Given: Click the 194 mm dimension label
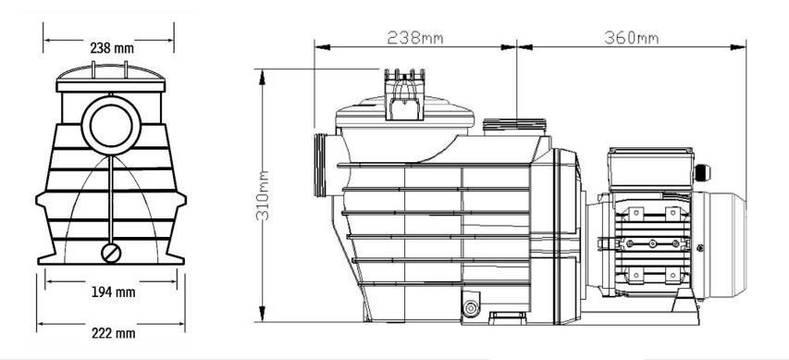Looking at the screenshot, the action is pos(113,292).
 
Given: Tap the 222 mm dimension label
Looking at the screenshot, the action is pos(113,333).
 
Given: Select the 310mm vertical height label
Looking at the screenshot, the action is pos(262,195).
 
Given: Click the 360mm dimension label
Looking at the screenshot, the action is pos(632,38).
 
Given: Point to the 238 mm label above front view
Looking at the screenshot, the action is pos(112,48).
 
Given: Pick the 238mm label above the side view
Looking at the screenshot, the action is pos(415,38).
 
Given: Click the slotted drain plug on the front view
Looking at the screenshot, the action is pos(111,254).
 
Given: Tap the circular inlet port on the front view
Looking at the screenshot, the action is pos(111,125).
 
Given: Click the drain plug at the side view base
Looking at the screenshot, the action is pos(471,308).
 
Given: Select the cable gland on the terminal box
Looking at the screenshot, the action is pos(701,173).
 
